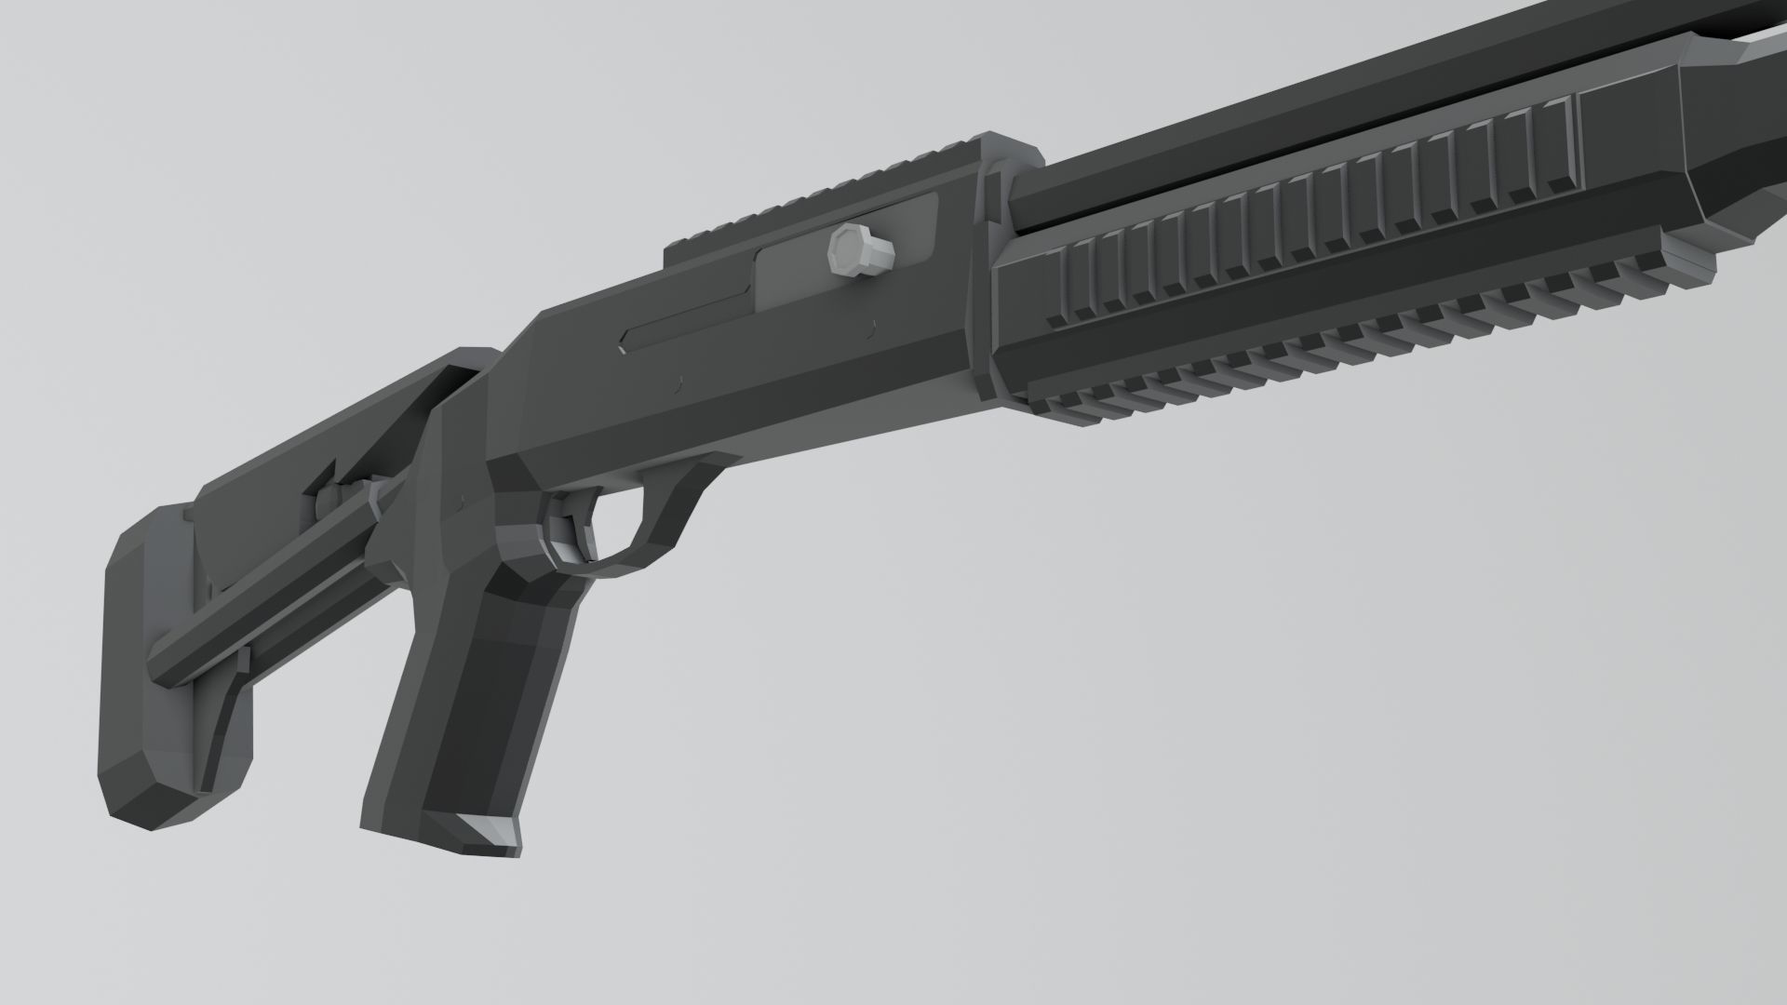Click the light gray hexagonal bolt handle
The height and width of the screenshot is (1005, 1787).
[858, 248]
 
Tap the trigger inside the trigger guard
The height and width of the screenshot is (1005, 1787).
[566, 532]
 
